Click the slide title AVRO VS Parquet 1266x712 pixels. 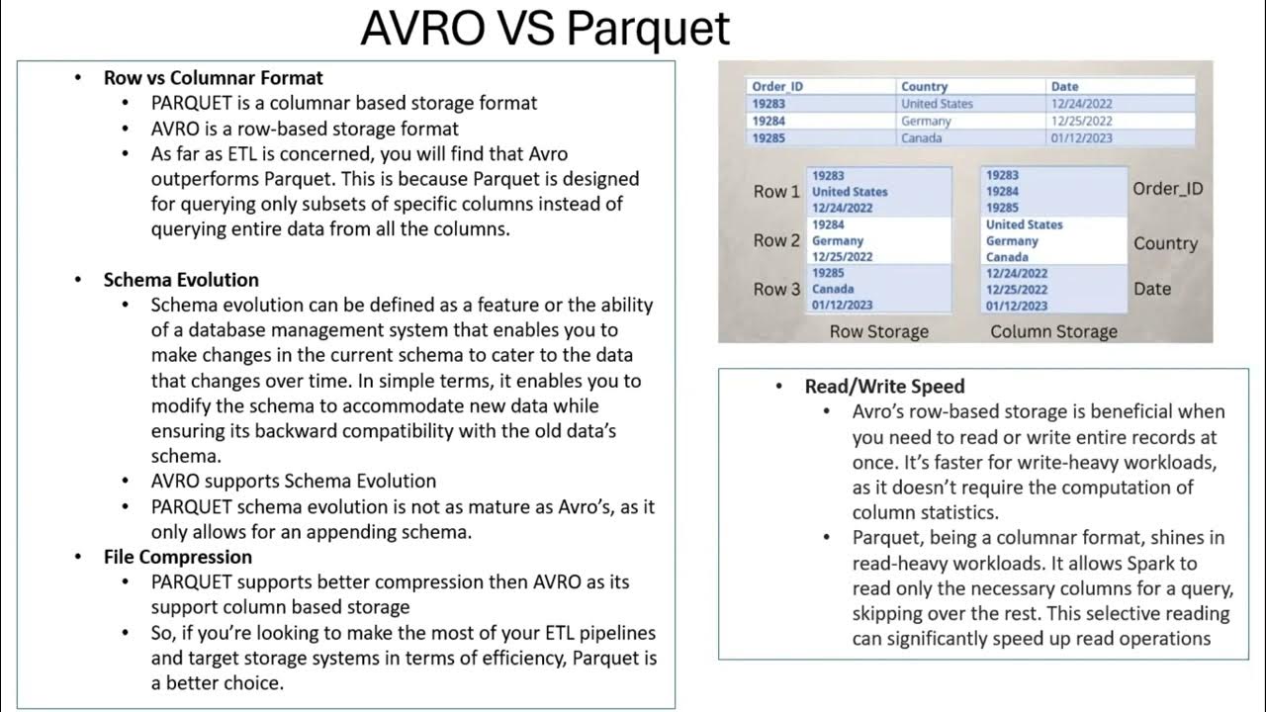(545, 29)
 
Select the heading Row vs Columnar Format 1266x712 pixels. (213, 77)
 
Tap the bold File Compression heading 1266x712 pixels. (177, 557)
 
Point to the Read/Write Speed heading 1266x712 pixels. (884, 387)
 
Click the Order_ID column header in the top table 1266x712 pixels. (777, 86)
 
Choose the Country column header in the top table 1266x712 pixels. (924, 86)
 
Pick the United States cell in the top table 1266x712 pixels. (937, 104)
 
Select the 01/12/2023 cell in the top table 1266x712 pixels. (1081, 138)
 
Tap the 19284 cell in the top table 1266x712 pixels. (769, 121)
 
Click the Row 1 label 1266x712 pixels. (776, 192)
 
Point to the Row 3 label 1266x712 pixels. (776, 290)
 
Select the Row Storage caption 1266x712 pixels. (878, 332)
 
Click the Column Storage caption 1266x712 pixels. (1053, 332)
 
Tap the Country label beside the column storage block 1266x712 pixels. (1165, 243)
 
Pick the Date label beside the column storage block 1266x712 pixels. (1152, 289)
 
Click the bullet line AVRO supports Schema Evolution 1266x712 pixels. (293, 482)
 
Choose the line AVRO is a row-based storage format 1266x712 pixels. (305, 129)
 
